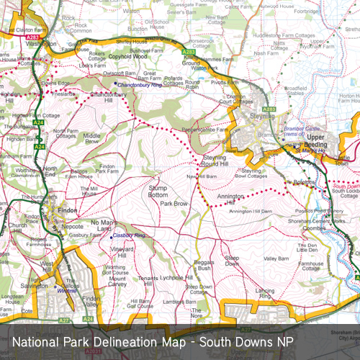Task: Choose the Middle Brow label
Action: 92,138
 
